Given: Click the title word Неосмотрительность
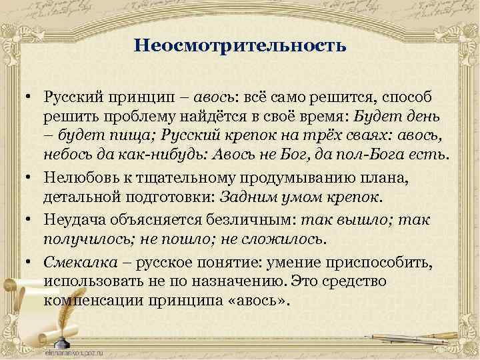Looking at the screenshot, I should [240, 46].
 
